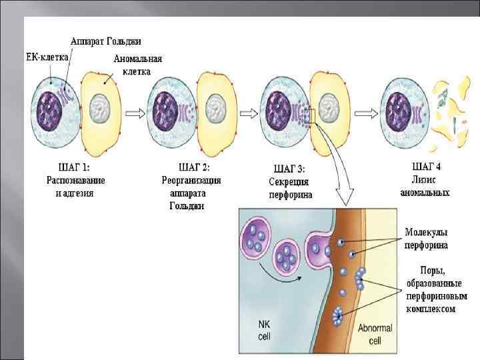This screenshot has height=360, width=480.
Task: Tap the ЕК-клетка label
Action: click(47, 57)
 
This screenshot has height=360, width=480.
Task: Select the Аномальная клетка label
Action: click(137, 64)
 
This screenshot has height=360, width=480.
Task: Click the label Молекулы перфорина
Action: click(427, 239)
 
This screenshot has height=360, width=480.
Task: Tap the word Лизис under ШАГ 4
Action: click(425, 179)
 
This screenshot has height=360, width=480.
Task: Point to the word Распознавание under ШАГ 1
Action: click(75, 180)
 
